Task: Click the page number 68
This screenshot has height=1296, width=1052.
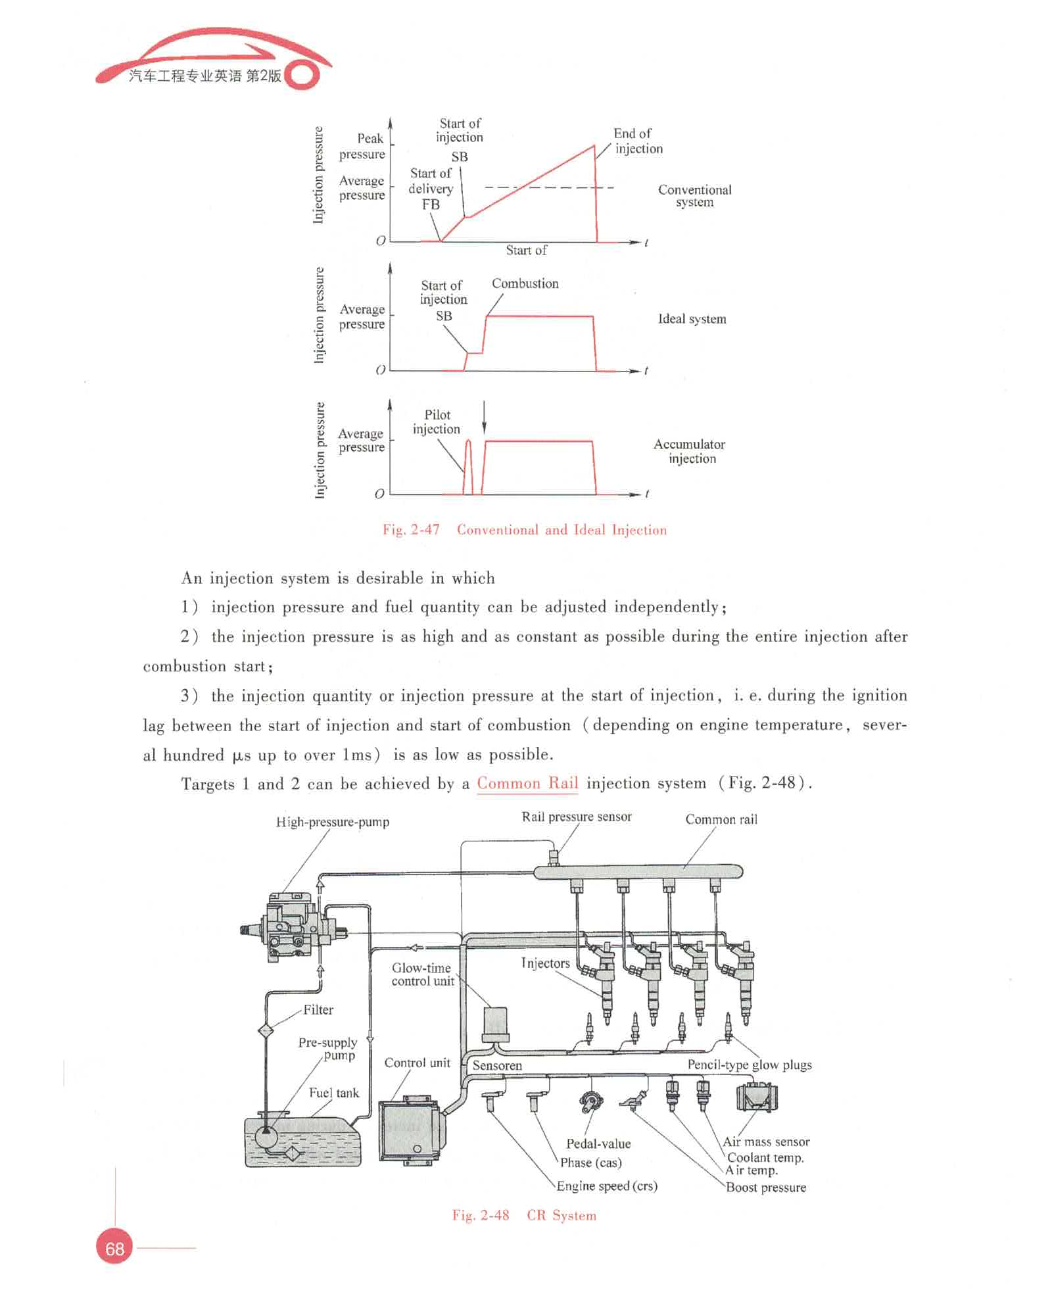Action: click(114, 1248)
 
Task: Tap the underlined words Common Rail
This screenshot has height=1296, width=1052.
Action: click(527, 783)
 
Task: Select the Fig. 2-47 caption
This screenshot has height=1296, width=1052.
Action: click(524, 530)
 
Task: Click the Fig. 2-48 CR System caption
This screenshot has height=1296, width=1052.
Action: click(524, 1215)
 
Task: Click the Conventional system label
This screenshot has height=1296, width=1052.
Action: click(694, 196)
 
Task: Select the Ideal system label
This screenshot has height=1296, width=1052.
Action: click(692, 319)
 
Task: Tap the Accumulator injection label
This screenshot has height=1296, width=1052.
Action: click(689, 451)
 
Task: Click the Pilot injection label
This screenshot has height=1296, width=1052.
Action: click(437, 422)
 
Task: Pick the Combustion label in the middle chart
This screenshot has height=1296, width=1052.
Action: click(525, 283)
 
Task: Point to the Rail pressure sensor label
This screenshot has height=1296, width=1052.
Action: click(576, 817)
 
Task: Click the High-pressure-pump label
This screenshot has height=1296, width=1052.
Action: click(332, 822)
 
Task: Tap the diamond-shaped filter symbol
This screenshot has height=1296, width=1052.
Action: click(266, 1030)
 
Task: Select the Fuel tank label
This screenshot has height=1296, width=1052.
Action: click(334, 1093)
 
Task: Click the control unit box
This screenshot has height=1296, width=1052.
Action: click(409, 1130)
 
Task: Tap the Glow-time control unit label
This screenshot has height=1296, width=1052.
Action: click(422, 974)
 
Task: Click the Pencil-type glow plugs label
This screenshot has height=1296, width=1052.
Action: click(749, 1065)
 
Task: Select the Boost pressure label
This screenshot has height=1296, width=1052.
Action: click(765, 1188)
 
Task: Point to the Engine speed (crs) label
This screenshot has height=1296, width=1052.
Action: click(606, 1186)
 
